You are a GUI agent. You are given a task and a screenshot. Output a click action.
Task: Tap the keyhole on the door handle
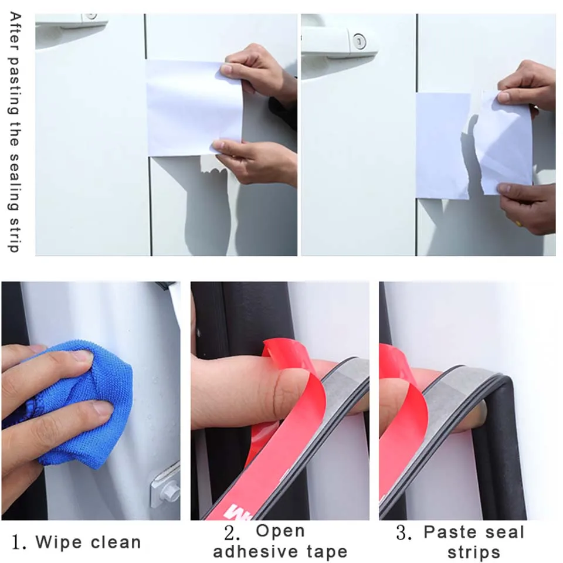(x=359, y=42)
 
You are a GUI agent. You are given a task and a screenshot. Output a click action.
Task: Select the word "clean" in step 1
(x=116, y=542)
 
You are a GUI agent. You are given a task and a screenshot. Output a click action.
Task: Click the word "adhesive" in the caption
(x=255, y=551)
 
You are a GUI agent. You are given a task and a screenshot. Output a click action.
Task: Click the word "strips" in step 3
(x=474, y=553)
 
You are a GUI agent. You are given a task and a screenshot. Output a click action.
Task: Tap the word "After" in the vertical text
(x=15, y=31)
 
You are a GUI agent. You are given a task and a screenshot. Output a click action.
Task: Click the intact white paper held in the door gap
(x=194, y=108)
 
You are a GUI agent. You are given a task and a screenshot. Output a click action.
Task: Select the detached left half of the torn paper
(x=443, y=145)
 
